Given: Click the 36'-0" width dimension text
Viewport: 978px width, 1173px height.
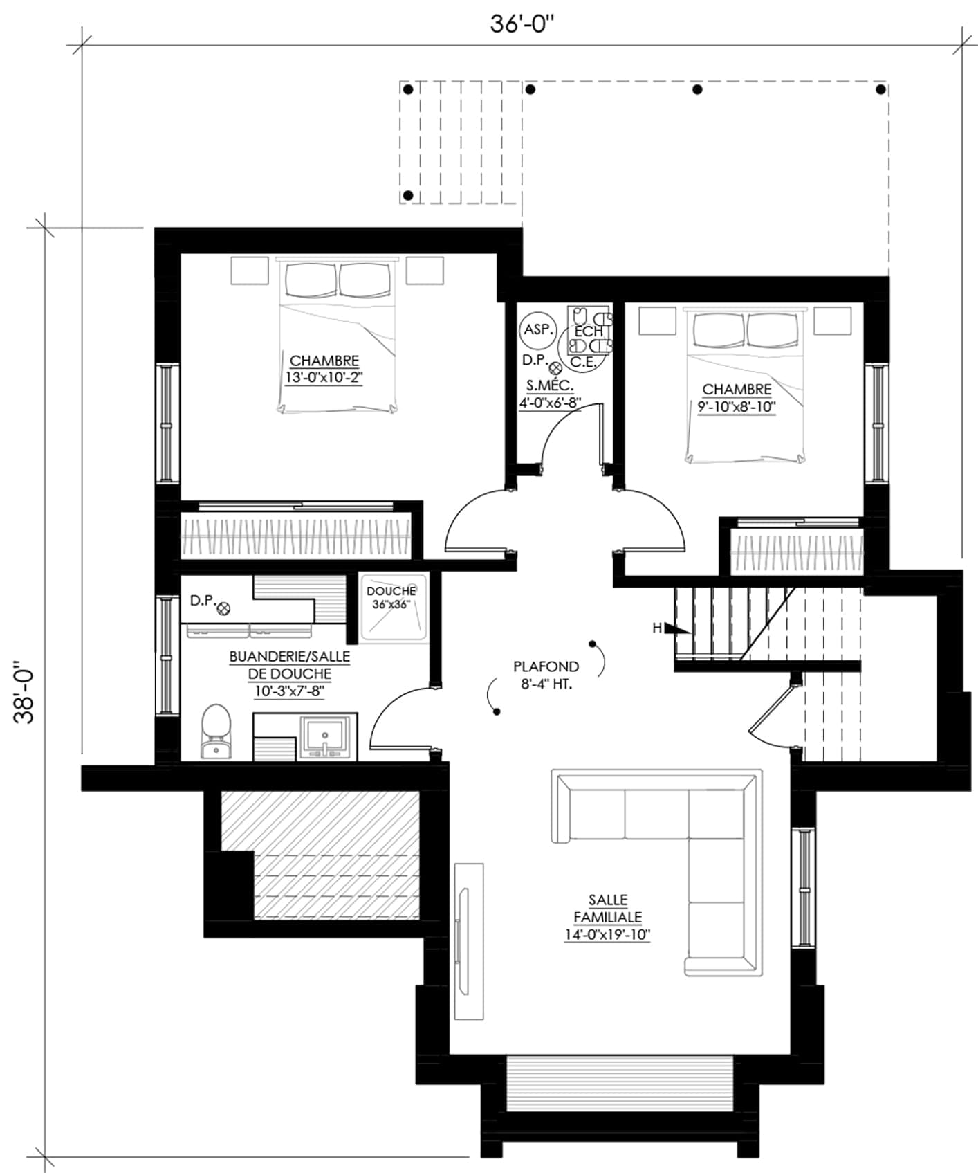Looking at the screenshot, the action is [x=523, y=24].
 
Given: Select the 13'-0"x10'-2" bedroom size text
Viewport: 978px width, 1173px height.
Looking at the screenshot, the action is [x=324, y=378].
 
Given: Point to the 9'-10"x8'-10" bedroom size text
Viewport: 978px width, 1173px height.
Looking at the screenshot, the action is [x=737, y=407].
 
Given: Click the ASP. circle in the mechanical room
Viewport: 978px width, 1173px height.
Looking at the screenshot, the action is [x=537, y=330].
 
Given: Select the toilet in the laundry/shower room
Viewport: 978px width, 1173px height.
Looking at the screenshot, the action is [x=215, y=732].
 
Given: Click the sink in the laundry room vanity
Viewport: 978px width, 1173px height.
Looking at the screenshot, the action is [x=324, y=738].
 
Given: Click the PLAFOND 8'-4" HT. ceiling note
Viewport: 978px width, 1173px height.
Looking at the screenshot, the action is [x=546, y=675].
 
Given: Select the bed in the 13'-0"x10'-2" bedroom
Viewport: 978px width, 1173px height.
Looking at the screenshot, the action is [x=339, y=336].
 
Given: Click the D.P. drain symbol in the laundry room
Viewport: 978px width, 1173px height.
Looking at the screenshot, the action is [x=223, y=608].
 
